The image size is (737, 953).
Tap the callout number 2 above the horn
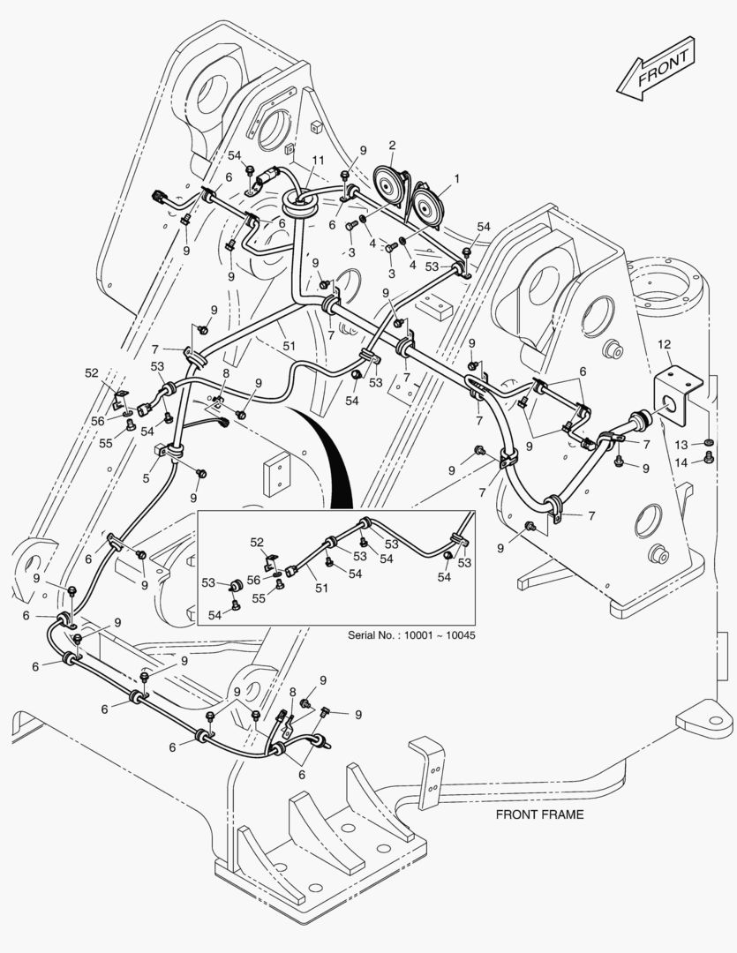tap(392, 146)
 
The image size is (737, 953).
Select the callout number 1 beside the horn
tap(456, 179)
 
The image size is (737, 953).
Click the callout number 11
tap(317, 160)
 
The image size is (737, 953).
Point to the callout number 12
tap(665, 343)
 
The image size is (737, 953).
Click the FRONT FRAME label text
tap(539, 814)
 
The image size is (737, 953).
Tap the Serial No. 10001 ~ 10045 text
tap(411, 634)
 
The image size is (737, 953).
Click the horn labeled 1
tap(429, 204)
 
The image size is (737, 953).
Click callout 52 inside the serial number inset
tap(256, 542)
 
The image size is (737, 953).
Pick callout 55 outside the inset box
tap(105, 443)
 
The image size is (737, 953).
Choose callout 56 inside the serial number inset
tap(254, 580)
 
